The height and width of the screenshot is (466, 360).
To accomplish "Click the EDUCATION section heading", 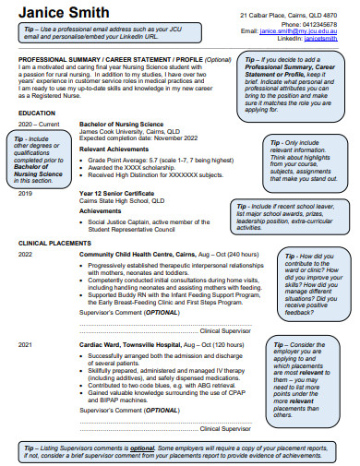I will [37, 113].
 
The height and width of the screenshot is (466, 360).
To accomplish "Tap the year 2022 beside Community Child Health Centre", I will [25, 253].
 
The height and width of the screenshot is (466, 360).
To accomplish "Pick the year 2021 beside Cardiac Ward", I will [25, 343].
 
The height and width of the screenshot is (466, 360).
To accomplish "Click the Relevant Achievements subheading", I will [115, 147].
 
